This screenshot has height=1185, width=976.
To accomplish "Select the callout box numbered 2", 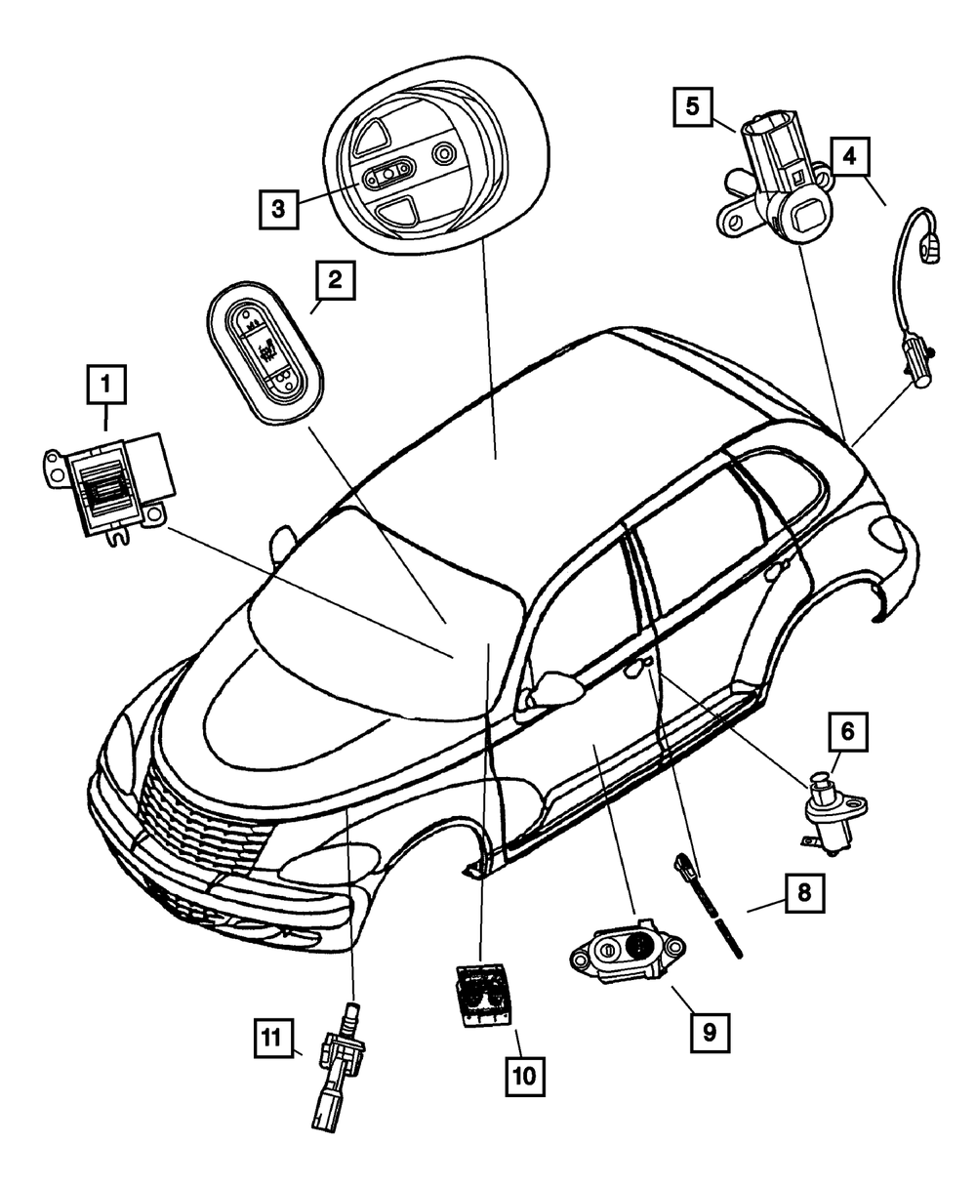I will pyautogui.click(x=334, y=283).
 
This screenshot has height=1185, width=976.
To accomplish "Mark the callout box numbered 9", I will pyautogui.click(x=710, y=1030).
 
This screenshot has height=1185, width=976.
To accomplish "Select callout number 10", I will pyautogui.click(x=525, y=1077).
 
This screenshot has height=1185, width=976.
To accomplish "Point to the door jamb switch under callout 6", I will pyautogui.click(x=830, y=810).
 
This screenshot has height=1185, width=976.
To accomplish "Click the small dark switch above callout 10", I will pyautogui.click(x=478, y=994).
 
